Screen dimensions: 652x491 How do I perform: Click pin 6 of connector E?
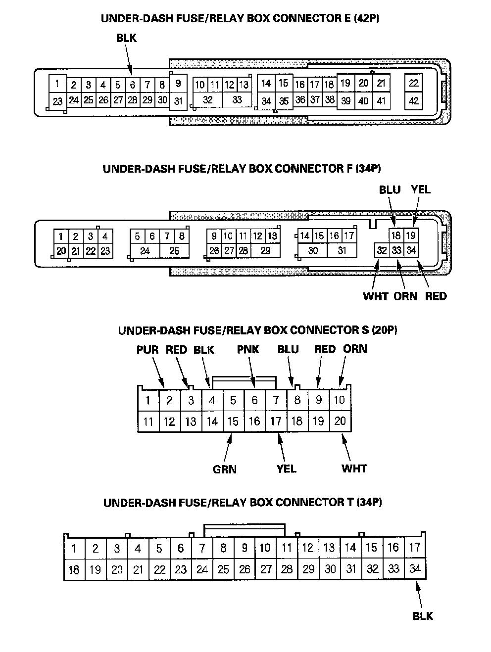coord(133,85)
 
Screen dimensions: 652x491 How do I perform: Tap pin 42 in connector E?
coord(414,101)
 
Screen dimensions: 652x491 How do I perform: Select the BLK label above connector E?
coord(126,38)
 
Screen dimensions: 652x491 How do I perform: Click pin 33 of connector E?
coord(237,99)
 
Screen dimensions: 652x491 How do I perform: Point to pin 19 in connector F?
coord(411,235)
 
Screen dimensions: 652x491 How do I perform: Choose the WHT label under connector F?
coord(376,296)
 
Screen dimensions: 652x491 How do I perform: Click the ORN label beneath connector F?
coord(405,296)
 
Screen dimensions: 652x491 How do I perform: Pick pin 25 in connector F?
coord(174,251)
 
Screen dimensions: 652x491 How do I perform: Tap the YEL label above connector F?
coord(421,189)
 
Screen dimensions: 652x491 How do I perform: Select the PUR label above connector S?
coord(147,350)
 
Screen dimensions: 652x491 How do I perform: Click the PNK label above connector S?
coord(248,350)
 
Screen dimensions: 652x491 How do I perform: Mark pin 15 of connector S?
coord(233,421)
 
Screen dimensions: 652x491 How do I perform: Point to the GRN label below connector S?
coord(225,469)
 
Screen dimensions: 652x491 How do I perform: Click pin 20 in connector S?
coord(340,421)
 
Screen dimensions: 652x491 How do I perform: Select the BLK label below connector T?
coord(423,616)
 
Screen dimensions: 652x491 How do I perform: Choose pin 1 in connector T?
coord(74,548)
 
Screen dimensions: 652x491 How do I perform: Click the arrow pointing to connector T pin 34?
coord(420,594)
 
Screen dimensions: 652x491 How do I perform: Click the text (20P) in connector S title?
coord(382,330)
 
